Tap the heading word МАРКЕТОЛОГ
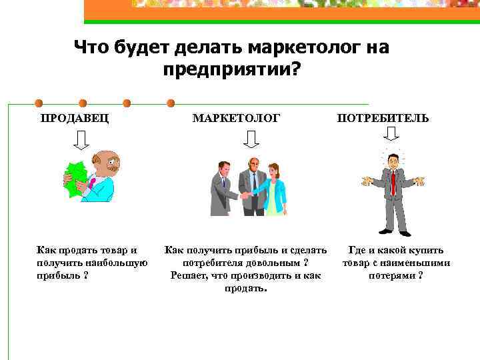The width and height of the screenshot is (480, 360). [x=236, y=119]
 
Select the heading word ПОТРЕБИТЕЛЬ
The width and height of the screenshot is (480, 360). [x=383, y=119]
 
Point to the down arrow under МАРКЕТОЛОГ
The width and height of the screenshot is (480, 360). [x=251, y=139]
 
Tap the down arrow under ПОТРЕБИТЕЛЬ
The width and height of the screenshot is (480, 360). [x=391, y=136]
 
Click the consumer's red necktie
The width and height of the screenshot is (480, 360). [x=393, y=181]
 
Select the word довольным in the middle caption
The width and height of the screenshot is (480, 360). [x=263, y=263]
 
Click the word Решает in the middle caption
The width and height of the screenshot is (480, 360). [x=189, y=275]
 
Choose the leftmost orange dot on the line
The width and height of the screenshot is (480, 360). [x=37, y=103]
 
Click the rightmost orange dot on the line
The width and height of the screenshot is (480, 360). [x=171, y=103]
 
